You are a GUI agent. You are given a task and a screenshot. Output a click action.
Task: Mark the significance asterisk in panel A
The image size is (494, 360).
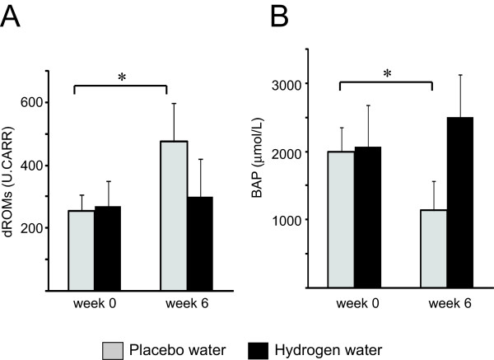121,77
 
